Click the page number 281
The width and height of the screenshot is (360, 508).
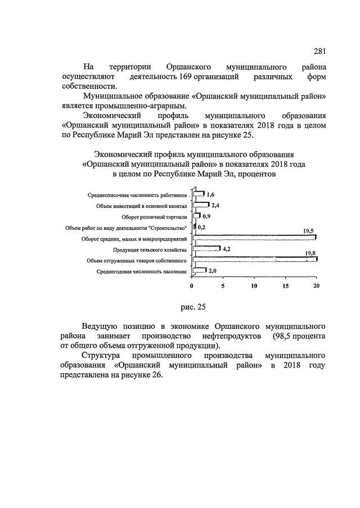pos(319,52)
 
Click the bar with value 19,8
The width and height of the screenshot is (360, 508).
pos(255,260)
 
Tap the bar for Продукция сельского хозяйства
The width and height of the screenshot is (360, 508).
pos(206,248)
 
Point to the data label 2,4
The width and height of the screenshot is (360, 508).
pos(215,205)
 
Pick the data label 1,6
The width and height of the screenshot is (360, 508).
pos(211,194)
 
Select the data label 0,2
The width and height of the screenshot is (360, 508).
pos(201,226)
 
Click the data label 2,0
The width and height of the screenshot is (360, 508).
pos(213,270)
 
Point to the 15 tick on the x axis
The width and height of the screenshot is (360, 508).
pos(286,285)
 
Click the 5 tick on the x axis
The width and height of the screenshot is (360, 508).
pos(223,285)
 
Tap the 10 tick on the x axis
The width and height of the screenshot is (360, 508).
pos(254,285)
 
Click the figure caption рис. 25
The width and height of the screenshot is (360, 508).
pos(196,307)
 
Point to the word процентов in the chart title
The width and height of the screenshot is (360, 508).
pos(258,174)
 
